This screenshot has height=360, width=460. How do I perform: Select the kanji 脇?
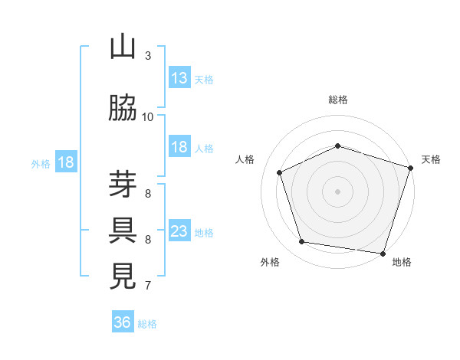[123, 109]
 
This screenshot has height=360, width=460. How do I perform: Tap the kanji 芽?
[123, 185]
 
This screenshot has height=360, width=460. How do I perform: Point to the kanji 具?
[123, 231]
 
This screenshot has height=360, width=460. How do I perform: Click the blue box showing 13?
[179, 78]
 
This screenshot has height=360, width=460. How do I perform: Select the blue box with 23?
[179, 231]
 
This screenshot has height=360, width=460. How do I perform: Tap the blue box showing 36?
[123, 322]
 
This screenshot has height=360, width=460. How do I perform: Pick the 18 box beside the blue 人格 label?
[179, 147]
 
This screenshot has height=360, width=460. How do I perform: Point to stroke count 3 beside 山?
[148, 55]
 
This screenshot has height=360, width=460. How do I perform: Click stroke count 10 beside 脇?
[148, 117]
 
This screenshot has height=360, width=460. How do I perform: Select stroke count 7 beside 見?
[148, 286]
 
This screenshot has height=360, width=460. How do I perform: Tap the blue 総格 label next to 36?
[148, 324]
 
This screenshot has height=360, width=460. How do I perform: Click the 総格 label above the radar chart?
[337, 100]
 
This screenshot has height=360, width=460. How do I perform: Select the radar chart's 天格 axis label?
[432, 159]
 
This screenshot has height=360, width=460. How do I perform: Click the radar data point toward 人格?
[280, 172]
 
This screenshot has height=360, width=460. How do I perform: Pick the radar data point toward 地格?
[383, 253]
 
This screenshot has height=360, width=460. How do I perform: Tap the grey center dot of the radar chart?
[337, 191]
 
